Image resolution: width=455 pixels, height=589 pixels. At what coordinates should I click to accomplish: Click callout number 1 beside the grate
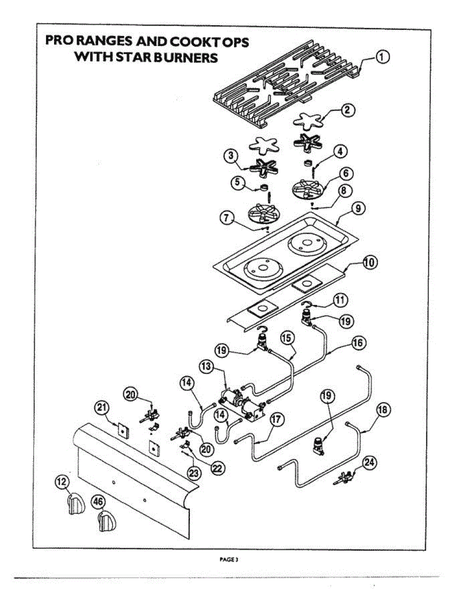coord(383,58)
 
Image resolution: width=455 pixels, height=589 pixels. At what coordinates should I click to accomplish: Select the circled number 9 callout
coord(358,209)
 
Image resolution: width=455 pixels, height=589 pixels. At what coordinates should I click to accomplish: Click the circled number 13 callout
coord(206,367)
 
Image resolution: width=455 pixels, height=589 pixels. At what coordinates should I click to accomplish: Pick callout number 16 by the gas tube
coord(358,343)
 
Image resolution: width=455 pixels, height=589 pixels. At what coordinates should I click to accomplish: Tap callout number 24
coord(370,462)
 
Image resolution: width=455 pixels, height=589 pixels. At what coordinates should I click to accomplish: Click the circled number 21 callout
coord(102,407)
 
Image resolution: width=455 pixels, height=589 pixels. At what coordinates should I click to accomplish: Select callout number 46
coord(99,502)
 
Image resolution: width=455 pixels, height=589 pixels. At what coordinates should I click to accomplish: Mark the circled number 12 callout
coord(61,483)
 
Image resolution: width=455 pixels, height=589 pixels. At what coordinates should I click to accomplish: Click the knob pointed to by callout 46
coord(107,521)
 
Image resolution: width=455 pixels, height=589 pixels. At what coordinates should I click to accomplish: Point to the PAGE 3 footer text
coord(229,559)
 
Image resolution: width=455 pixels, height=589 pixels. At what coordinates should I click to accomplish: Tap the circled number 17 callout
coord(277,419)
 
